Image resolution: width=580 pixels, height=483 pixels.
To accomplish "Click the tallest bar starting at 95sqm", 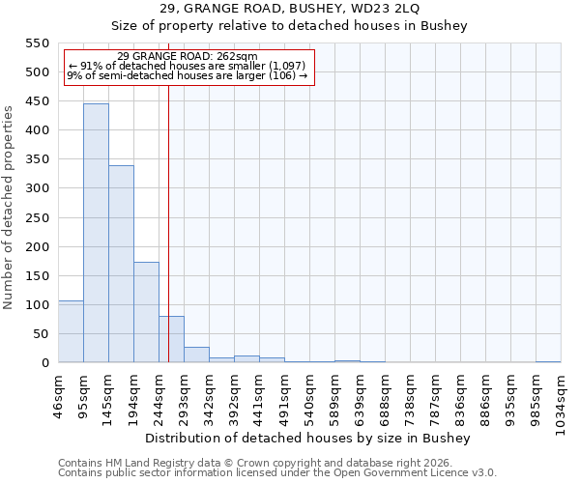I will (96, 233).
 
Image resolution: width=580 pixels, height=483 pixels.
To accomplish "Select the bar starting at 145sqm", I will (121, 264).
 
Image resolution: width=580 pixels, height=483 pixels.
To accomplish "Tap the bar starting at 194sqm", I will (146, 312).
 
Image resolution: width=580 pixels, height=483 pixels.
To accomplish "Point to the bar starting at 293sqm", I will (196, 355).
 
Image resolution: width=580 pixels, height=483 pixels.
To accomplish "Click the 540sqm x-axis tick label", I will (310, 397).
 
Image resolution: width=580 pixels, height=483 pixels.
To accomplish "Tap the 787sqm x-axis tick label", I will (436, 397).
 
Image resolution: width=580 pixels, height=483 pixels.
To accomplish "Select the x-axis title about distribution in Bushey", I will (309, 439).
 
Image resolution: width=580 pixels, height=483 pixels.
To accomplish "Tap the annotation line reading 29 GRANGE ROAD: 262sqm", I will (187, 57).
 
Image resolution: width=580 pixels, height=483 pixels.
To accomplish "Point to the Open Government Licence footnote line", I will (277, 473).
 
